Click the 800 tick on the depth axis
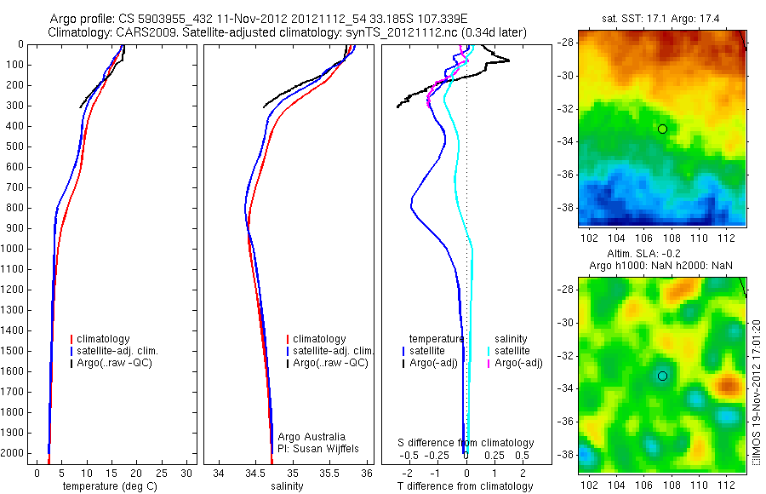[15, 208]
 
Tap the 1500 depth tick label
[13, 351]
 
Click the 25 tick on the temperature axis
[162, 474]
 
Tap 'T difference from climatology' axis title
[466, 486]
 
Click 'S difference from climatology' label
[466, 443]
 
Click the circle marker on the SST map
[662, 129]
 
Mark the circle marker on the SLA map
[662, 376]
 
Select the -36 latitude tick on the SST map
[566, 174]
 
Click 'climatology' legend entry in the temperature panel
[103, 339]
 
